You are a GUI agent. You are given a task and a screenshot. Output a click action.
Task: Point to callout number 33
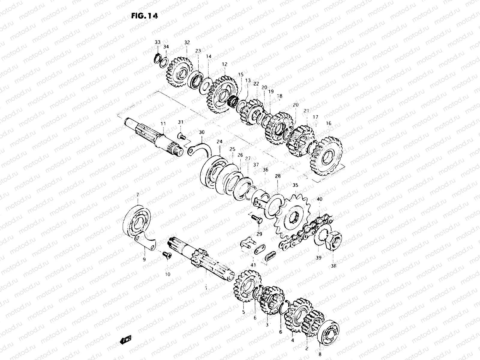(157, 42)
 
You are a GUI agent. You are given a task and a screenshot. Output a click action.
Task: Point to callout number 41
(254, 265)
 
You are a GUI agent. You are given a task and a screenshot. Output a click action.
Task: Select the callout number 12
(225, 64)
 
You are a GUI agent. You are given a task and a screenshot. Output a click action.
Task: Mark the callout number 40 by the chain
(319, 199)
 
